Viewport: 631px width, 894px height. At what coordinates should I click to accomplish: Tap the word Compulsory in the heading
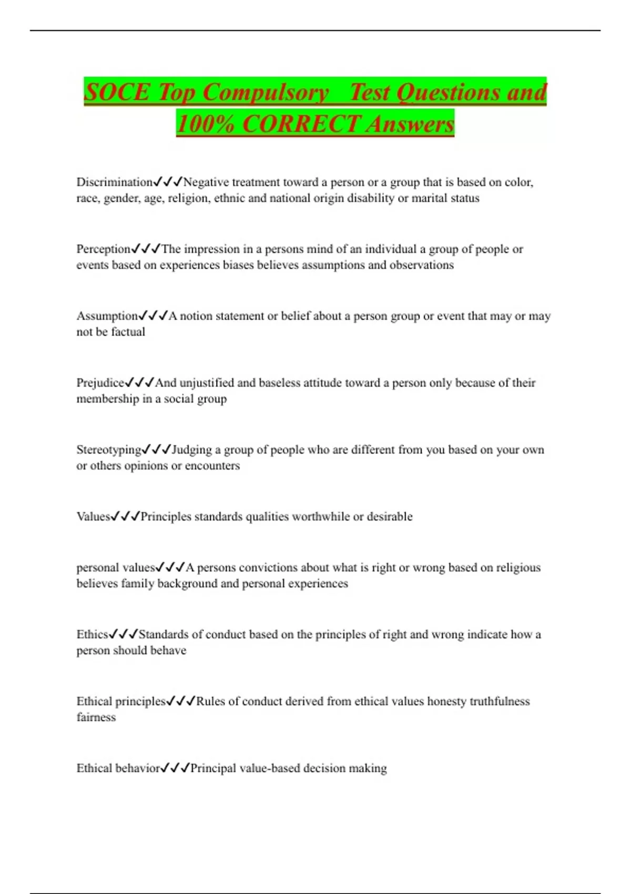266,93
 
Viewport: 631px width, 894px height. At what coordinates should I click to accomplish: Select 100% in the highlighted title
205,124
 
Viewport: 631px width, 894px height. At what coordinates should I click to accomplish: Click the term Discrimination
114,182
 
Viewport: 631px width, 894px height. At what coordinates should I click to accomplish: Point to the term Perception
103,249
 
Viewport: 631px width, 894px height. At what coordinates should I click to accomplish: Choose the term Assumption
107,316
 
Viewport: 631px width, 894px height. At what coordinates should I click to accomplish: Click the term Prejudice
100,382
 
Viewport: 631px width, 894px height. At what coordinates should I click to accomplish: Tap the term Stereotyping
109,450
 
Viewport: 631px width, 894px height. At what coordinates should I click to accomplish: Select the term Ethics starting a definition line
92,634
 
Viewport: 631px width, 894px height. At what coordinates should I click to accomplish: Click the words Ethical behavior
118,768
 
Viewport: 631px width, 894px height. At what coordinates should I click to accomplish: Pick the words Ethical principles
121,701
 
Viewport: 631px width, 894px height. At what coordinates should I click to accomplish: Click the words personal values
115,567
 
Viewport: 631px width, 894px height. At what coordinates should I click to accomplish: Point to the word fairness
96,717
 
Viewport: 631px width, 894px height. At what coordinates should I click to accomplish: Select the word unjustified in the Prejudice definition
206,382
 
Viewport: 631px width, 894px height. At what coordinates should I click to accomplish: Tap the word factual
128,332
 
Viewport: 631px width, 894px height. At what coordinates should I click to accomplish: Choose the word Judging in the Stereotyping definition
192,450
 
